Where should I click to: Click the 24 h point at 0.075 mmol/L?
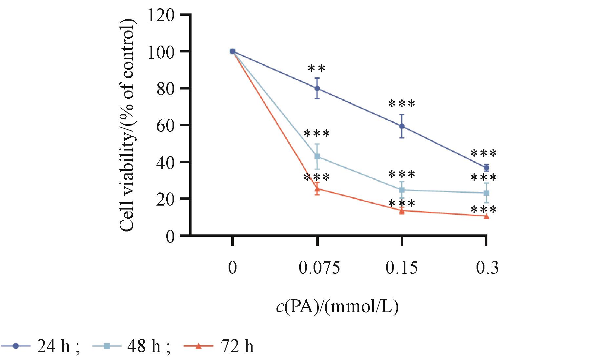pyautogui.click(x=317, y=88)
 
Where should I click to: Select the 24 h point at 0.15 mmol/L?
pyautogui.click(x=402, y=126)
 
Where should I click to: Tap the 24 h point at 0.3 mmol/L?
pyautogui.click(x=486, y=168)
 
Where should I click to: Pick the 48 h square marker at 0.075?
pyautogui.click(x=317, y=156)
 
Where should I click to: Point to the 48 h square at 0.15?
pyautogui.click(x=402, y=190)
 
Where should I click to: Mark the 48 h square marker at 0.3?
pyautogui.click(x=486, y=193)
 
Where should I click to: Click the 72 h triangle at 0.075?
pyautogui.click(x=317, y=189)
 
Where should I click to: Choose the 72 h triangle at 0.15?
pyautogui.click(x=402, y=211)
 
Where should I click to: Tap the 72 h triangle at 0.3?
pyautogui.click(x=486, y=216)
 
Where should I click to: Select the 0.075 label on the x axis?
pyautogui.click(x=319, y=268)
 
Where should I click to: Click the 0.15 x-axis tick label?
pyautogui.click(x=402, y=268)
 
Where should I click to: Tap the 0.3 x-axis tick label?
pyautogui.click(x=487, y=268)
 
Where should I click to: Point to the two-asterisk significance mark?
pyautogui.click(x=317, y=69)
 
